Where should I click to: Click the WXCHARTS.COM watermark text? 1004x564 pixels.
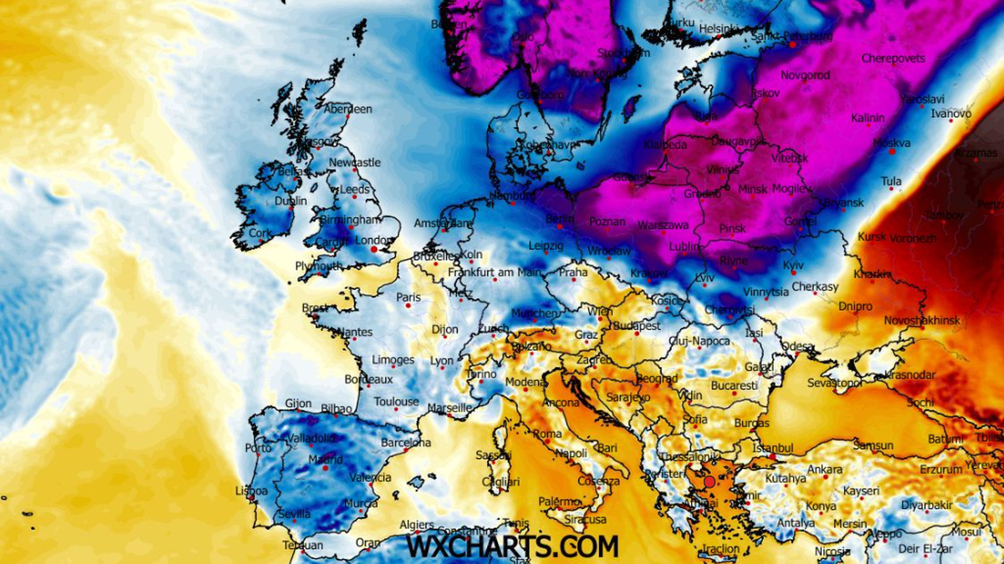[x=512, y=547]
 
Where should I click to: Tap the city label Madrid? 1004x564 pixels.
[x=325, y=460]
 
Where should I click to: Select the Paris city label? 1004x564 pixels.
[x=408, y=297]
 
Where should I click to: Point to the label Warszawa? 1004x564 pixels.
[x=663, y=226]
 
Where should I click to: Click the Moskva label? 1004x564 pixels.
[x=892, y=143]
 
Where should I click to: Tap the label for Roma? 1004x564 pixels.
[x=548, y=434]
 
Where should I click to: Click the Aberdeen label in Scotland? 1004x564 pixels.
[x=348, y=109]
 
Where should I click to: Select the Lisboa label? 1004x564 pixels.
[x=252, y=490]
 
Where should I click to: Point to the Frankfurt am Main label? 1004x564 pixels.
[x=494, y=272]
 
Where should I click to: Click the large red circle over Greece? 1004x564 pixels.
[x=709, y=482]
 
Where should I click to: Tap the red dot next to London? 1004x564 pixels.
[x=373, y=249]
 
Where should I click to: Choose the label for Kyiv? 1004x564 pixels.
[x=792, y=265]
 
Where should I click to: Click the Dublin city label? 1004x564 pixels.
[x=291, y=201]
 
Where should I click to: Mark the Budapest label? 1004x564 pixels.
[x=638, y=326]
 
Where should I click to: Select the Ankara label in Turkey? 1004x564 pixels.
[x=825, y=470]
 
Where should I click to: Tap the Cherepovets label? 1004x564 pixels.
[x=894, y=58]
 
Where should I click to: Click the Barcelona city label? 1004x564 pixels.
[x=406, y=443]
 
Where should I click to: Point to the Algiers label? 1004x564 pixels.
[x=417, y=525]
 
